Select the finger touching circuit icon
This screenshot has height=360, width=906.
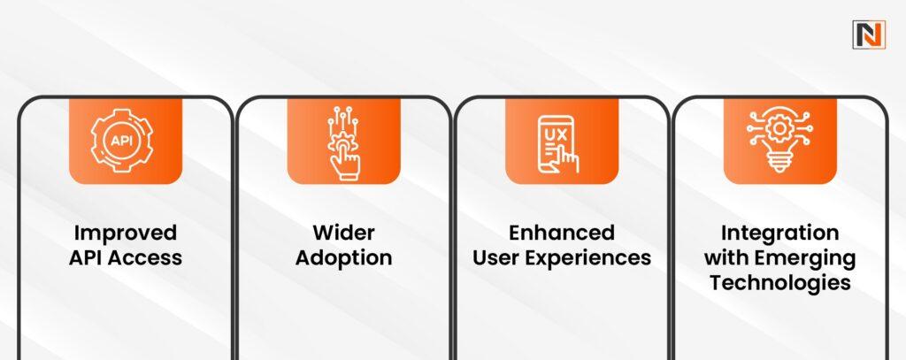pos(343,142)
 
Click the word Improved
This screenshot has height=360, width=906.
pos(126,234)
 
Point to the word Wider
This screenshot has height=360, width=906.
pos(343,234)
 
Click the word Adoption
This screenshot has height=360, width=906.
pos(343,258)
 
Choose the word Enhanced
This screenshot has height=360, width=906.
pos(562,234)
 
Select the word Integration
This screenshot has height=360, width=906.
pos(779,234)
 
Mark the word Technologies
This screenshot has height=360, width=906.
pos(779,283)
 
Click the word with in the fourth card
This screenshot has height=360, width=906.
pos(728,258)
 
